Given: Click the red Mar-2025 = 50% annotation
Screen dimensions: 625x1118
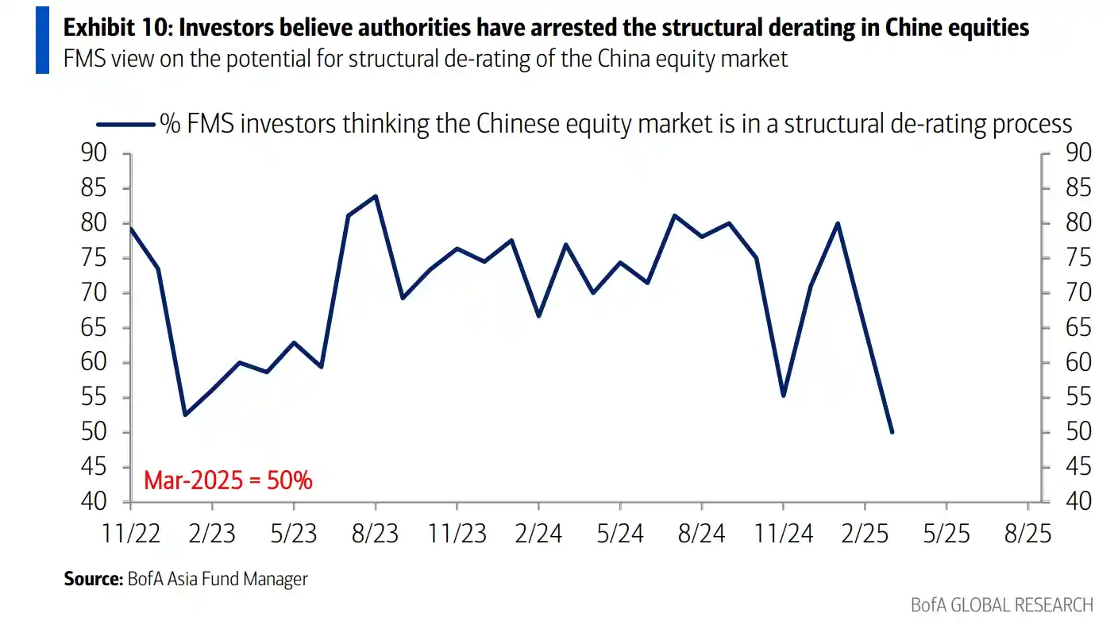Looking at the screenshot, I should tap(228, 480).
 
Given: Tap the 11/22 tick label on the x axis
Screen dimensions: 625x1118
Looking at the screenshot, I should tap(131, 534).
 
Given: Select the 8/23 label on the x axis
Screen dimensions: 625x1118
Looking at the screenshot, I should tap(376, 534).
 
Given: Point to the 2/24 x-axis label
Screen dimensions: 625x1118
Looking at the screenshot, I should tap(539, 534).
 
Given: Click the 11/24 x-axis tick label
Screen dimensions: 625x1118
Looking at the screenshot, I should tap(784, 534).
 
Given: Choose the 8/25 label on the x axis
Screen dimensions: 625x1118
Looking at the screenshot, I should tap(1028, 534).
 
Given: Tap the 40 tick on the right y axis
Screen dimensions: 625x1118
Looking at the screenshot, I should tap(1077, 502).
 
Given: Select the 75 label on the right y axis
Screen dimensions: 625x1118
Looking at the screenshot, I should tap(1077, 258).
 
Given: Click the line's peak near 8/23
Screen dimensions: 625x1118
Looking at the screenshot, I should tap(376, 196).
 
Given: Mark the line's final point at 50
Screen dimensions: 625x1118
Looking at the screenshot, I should tap(892, 432).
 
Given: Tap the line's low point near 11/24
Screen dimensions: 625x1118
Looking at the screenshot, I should tap(784, 395).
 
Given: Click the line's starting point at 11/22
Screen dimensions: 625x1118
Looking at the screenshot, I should tap(129, 229).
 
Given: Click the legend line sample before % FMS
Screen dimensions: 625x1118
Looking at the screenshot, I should tap(125, 124).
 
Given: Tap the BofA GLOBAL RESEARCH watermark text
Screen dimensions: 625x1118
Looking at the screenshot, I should tap(1002, 604).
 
